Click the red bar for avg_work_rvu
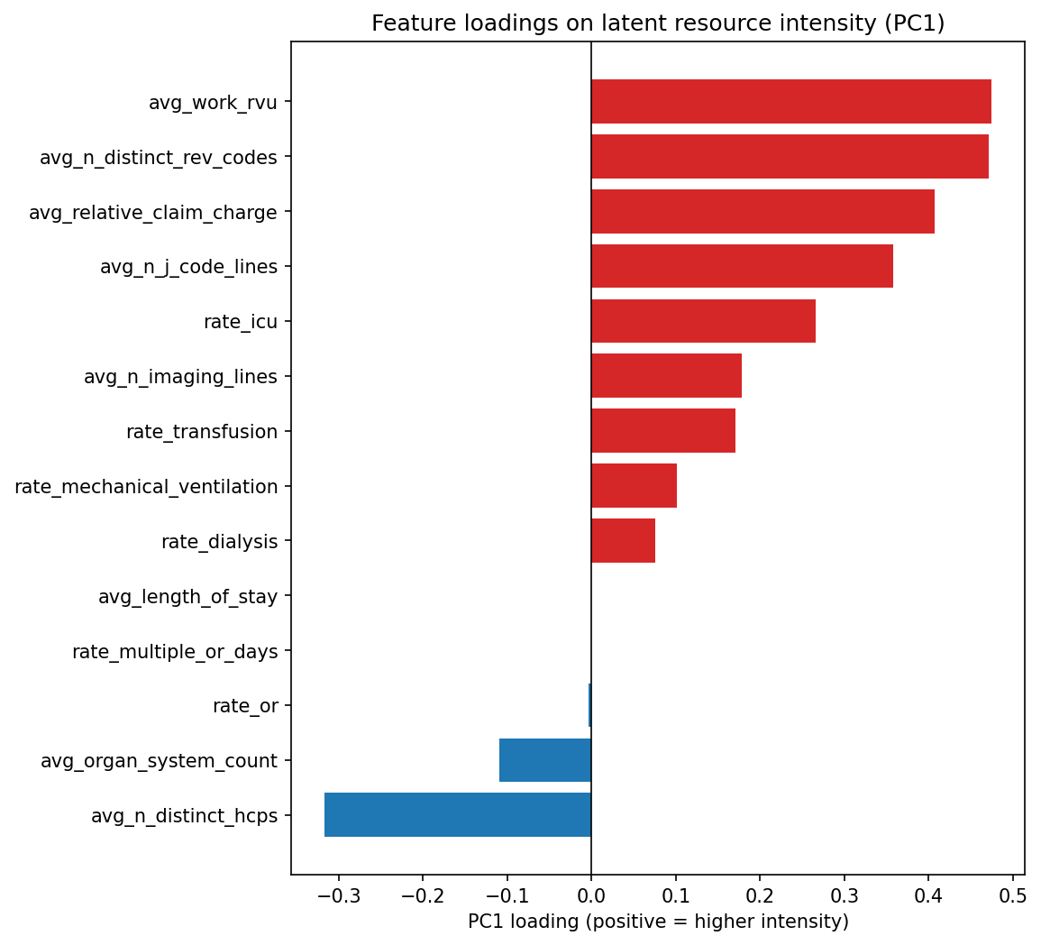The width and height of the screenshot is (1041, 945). coord(790,102)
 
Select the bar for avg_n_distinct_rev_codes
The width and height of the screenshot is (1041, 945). coord(790,157)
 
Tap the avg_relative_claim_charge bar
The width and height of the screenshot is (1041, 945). coord(762,212)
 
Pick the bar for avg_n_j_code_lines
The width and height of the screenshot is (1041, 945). coord(742,267)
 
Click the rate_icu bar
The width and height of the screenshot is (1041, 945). coord(703,322)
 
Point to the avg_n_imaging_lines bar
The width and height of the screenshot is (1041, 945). coord(666,376)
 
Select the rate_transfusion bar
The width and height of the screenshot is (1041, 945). coord(663,431)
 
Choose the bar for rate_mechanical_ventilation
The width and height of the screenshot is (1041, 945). coord(634,486)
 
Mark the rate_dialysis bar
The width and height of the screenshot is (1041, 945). coord(623,541)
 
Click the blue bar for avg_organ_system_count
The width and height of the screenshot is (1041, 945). coord(545,760)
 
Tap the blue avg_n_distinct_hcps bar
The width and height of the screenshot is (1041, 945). coord(458,815)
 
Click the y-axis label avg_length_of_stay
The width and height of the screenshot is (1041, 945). coord(187,597)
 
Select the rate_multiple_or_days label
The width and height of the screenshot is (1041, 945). coord(175,652)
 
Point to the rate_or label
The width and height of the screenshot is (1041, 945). coord(244,706)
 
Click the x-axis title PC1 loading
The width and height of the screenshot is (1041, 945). coord(658,922)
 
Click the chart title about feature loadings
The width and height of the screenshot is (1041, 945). coord(658,23)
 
